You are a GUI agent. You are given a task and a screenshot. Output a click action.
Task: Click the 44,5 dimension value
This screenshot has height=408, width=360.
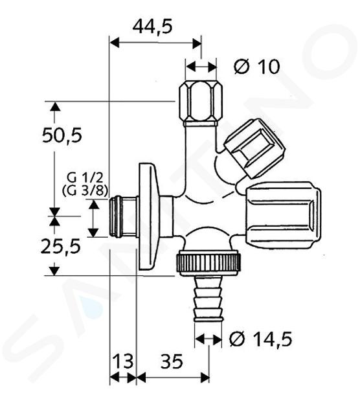click(152, 27)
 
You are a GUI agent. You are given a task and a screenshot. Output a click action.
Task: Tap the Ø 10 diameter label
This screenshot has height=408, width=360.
click(257, 67)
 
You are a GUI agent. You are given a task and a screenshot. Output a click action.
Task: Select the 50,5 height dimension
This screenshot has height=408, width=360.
click(62, 135)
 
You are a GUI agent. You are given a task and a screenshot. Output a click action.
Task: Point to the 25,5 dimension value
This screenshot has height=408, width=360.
click(61, 246)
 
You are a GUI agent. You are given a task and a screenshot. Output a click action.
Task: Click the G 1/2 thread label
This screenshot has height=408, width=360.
click(85, 178)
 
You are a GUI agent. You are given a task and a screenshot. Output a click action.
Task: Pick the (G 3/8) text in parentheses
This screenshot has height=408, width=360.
click(85, 191)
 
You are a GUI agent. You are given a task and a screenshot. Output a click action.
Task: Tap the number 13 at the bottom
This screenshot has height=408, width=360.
click(122, 361)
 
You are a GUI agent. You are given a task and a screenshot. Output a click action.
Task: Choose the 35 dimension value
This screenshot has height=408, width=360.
click(172, 361)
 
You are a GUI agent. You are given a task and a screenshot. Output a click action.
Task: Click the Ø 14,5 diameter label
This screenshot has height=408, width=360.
click(261, 339)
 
